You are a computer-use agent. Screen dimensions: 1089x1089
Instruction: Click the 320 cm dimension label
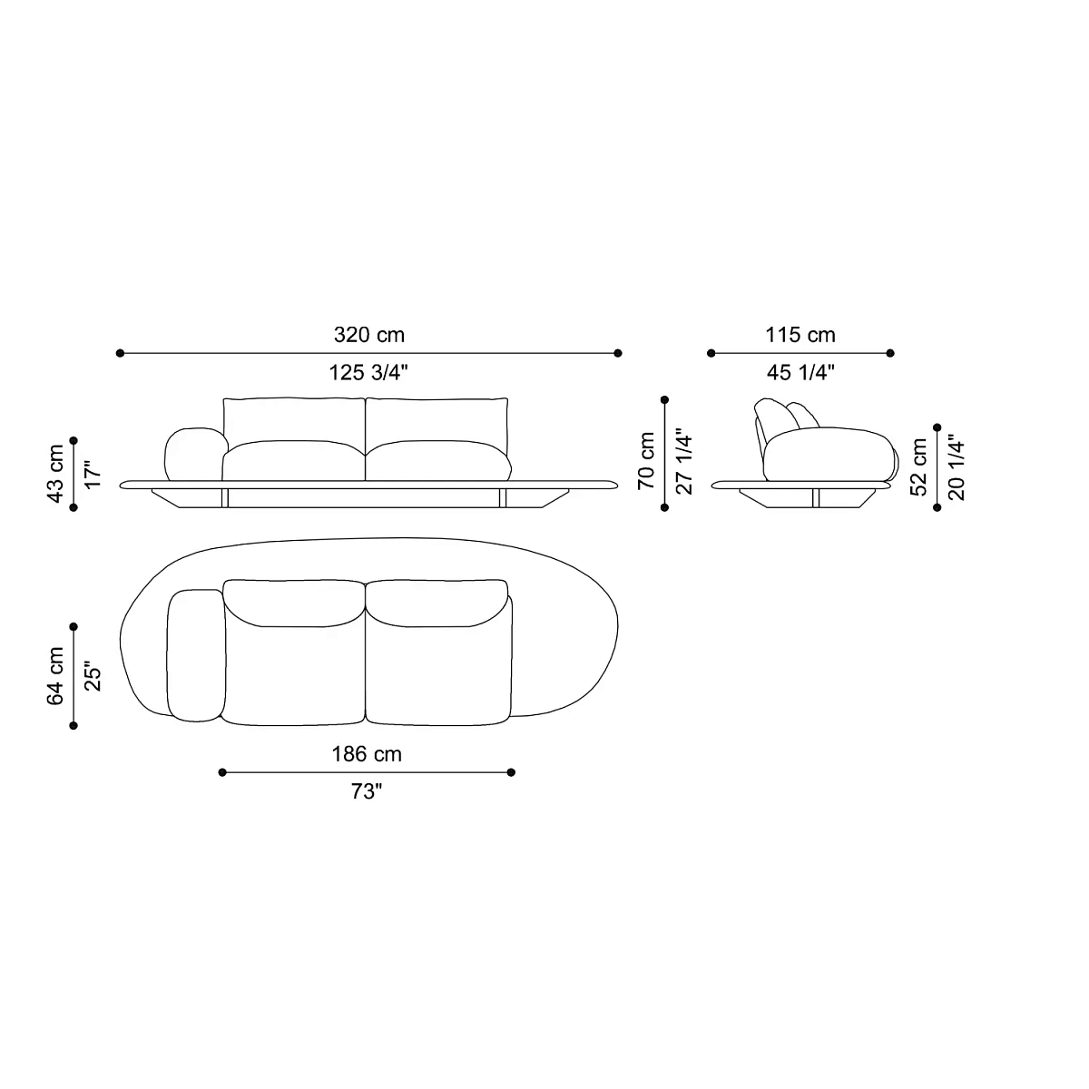(368, 335)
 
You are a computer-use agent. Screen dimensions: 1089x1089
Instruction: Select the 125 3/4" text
(368, 372)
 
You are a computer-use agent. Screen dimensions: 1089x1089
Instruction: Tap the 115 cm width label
(800, 335)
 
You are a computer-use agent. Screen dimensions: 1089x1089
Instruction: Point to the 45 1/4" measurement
(800, 372)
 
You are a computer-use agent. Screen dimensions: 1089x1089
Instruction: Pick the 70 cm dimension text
(646, 460)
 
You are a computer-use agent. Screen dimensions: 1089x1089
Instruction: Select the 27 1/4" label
(685, 460)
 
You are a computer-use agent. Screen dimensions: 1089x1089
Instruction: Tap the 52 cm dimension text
(919, 466)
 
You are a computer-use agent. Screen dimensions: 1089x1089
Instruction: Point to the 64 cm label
(56, 675)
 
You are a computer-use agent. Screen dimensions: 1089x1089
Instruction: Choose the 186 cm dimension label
(366, 754)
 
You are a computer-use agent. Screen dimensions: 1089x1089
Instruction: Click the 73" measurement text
(366, 791)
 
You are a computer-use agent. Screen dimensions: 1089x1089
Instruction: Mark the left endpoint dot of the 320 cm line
(119, 353)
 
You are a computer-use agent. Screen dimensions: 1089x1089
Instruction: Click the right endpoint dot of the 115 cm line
(890, 353)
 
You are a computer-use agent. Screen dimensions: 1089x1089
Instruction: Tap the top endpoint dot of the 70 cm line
(665, 399)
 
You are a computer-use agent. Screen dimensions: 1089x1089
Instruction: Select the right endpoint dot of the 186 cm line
(512, 772)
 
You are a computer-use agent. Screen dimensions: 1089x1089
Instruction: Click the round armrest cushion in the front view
(193, 453)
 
